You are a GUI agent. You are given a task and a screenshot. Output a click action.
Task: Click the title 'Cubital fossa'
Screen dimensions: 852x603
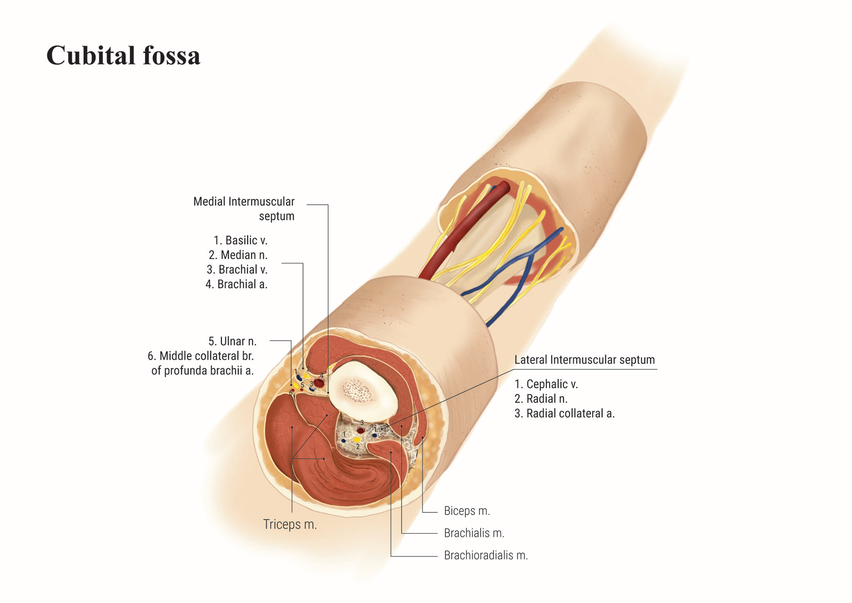pyautogui.click(x=123, y=56)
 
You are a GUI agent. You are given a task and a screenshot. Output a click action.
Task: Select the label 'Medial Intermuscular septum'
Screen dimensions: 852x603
pyautogui.click(x=244, y=208)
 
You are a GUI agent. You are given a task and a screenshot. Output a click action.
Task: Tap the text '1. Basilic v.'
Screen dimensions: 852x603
pyautogui.click(x=241, y=240)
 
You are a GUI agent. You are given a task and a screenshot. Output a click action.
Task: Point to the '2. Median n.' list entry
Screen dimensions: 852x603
pyautogui.click(x=238, y=255)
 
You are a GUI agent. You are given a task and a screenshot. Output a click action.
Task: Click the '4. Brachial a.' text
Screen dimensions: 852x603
pyautogui.click(x=237, y=284)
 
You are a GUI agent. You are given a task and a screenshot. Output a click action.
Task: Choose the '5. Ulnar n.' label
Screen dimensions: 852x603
pyautogui.click(x=233, y=341)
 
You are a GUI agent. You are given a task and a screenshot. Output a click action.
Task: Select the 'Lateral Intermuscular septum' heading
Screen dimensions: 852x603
pyautogui.click(x=584, y=360)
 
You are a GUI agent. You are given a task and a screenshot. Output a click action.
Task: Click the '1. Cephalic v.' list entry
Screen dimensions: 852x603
pyautogui.click(x=546, y=384)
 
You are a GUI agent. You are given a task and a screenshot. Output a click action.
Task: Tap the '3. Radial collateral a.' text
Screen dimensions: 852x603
pyautogui.click(x=564, y=413)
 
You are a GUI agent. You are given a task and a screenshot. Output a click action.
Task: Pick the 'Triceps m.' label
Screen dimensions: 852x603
pyautogui.click(x=290, y=524)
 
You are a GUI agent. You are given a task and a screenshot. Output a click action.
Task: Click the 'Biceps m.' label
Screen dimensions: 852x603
pyautogui.click(x=467, y=511)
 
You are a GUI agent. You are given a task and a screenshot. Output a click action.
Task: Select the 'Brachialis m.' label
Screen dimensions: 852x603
pyautogui.click(x=474, y=533)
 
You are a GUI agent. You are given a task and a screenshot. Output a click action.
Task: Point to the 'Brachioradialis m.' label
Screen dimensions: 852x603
pyautogui.click(x=486, y=555)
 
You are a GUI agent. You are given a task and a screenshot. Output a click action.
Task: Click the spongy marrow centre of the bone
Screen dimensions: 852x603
pyautogui.click(x=355, y=389)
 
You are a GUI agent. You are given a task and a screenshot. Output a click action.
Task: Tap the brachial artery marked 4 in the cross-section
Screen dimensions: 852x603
pyautogui.click(x=319, y=383)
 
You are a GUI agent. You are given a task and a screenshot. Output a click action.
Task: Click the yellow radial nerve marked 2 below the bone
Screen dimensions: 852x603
pyautogui.click(x=356, y=440)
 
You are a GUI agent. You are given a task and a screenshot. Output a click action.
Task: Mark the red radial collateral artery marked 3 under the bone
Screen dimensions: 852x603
pyautogui.click(x=361, y=430)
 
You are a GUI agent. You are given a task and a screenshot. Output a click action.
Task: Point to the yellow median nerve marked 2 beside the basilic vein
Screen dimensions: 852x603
pyautogui.click(x=306, y=376)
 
